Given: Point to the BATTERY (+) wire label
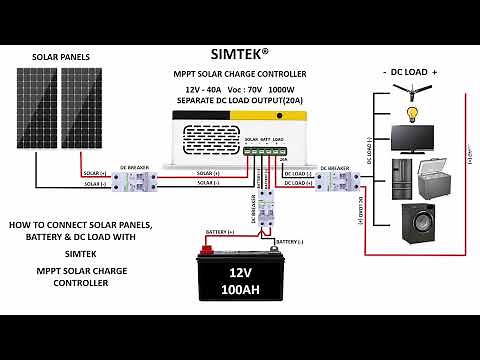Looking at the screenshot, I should (x=220, y=231).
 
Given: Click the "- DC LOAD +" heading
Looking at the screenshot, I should (x=410, y=72).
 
